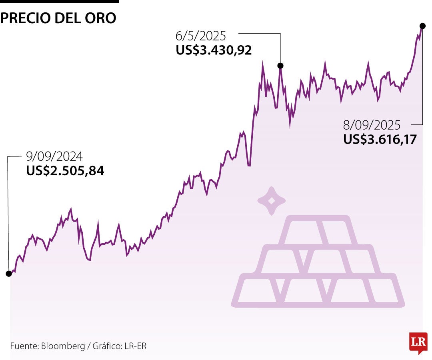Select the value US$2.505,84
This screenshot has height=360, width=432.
[x=65, y=171]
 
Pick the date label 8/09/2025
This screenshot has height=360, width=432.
[x=372, y=125]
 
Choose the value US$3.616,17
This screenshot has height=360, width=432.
[x=380, y=139]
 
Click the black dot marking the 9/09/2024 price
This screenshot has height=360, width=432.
[x=8, y=274]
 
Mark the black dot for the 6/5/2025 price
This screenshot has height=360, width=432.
[x=280, y=66]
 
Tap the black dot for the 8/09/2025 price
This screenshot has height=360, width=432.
[x=422, y=25]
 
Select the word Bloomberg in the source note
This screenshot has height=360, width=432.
[x=63, y=346]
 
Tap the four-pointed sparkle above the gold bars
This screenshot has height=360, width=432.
[x=271, y=201]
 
